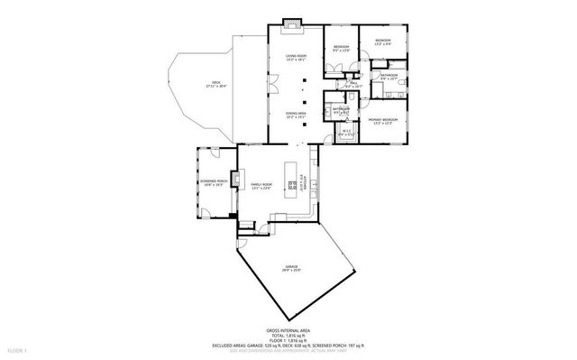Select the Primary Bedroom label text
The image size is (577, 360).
pyautogui.click(x=383, y=121)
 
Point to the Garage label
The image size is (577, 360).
pyautogui.click(x=292, y=268)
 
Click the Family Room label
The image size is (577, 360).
pyautogui.click(x=261, y=186)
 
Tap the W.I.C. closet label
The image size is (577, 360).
pyautogui.click(x=345, y=134)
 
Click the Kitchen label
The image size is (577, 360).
pyautogui.click(x=315, y=180)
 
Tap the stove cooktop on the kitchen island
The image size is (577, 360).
pyautogui.click(x=291, y=185)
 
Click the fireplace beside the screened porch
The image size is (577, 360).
pyautogui.click(x=234, y=180)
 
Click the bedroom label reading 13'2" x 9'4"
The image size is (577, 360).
pyautogui.click(x=383, y=43)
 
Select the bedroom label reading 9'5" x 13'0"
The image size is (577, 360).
pyautogui.click(x=341, y=48)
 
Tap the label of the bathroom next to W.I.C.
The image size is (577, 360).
pyautogui.click(x=341, y=110)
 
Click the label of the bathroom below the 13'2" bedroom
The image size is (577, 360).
pyautogui.click(x=389, y=78)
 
